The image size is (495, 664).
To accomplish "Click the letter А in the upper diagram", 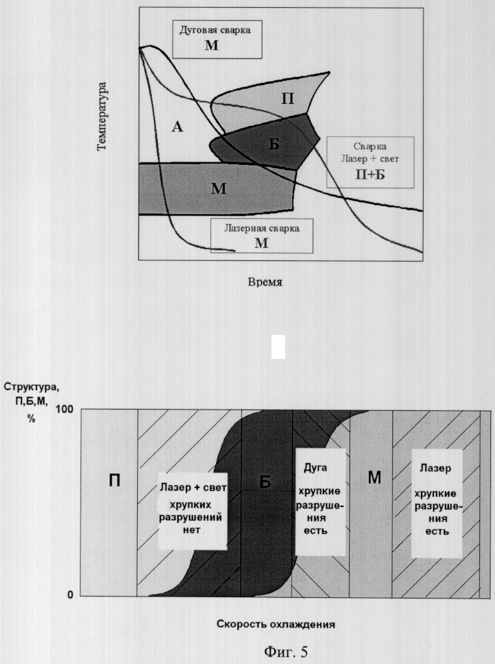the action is [177, 126].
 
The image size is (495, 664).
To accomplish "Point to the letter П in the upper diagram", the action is [288, 99].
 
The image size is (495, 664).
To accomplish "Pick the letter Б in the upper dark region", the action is [274, 144].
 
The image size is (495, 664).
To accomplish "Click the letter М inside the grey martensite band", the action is [219, 188].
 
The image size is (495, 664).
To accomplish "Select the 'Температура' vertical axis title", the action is [102, 116].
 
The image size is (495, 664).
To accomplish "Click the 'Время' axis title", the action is [265, 282].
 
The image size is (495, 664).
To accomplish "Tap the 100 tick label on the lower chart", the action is [64, 409].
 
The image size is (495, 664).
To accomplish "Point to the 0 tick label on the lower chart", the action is [70, 595].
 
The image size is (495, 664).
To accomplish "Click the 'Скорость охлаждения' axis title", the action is [276, 624].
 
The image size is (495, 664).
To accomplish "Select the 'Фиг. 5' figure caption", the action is [286, 651].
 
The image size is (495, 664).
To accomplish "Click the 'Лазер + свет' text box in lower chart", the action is [193, 511].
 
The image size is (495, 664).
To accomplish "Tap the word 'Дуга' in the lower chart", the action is [315, 467].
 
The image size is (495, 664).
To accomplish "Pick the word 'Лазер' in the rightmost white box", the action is [435, 468].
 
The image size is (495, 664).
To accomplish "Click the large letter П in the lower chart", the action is [114, 480].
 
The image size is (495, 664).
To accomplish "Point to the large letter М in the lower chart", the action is [374, 477].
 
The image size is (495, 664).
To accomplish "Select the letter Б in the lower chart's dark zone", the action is [265, 482].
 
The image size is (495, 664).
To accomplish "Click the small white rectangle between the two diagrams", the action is [278, 347].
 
